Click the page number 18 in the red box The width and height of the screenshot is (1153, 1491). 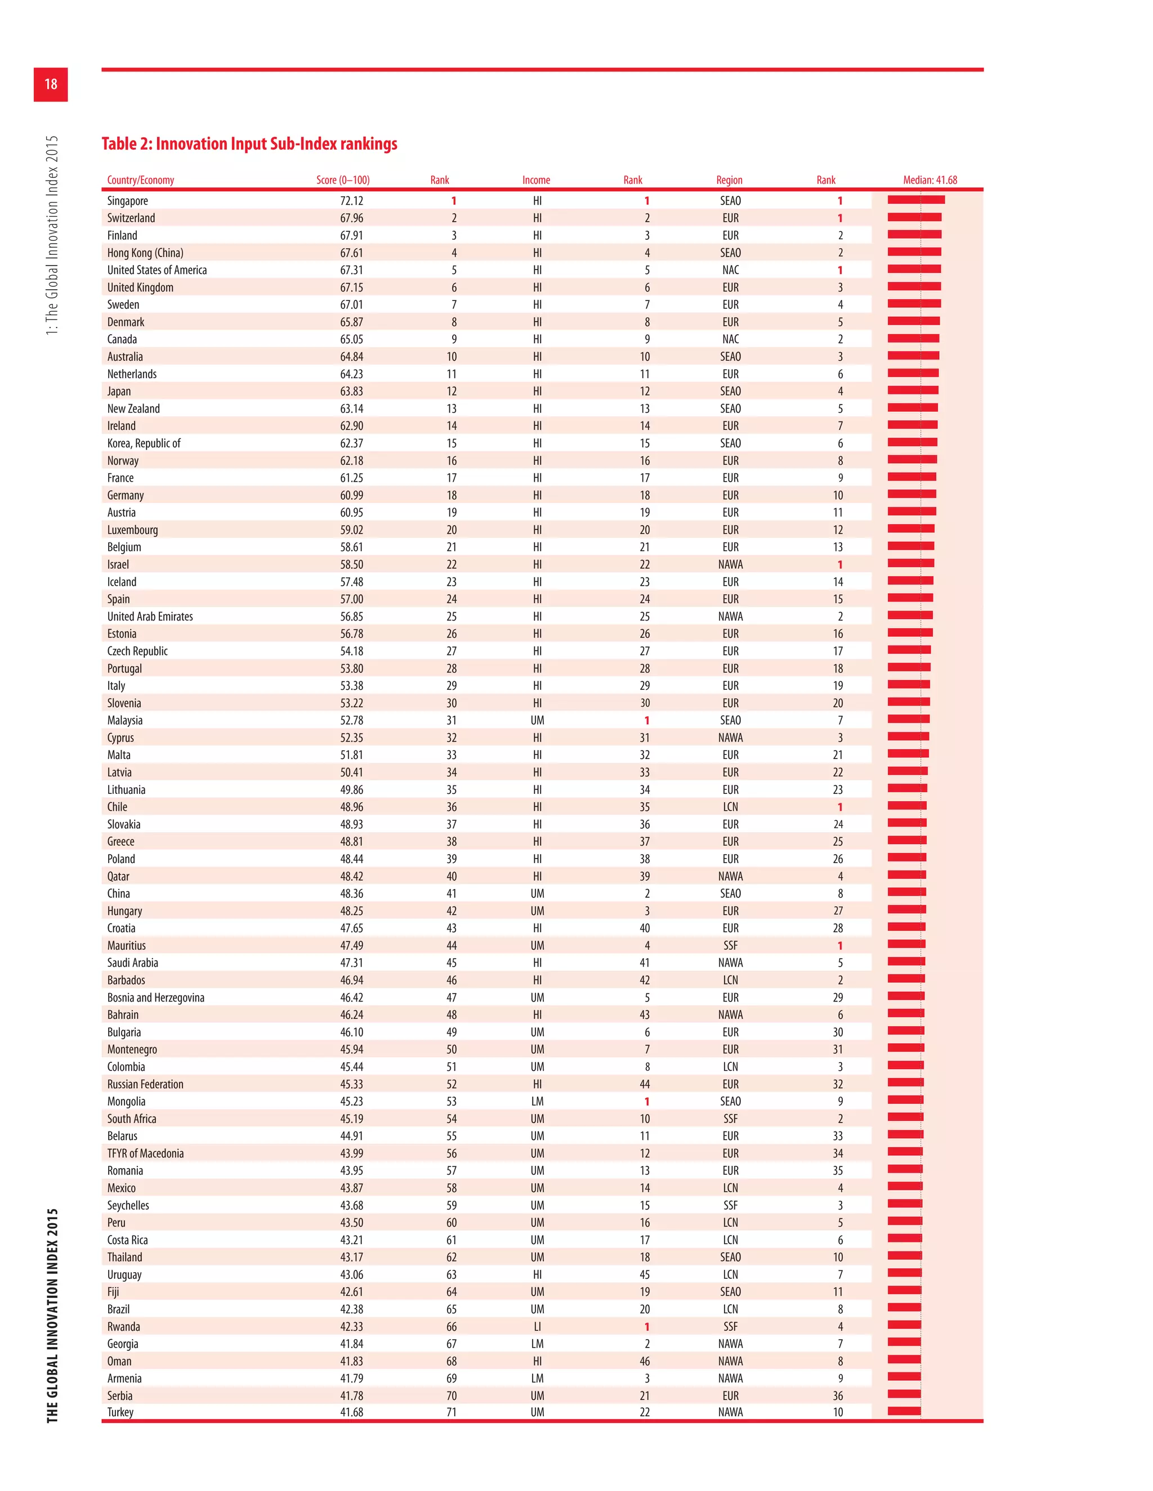point(51,84)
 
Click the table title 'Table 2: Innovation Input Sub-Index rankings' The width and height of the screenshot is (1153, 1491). point(249,144)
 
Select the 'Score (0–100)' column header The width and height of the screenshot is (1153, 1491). point(342,180)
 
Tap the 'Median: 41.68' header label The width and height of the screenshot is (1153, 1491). point(929,180)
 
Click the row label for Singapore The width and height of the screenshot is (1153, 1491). point(128,201)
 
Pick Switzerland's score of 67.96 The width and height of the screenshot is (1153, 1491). point(351,218)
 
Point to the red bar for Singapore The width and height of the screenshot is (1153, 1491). point(916,200)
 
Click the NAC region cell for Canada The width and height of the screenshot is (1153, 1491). point(730,339)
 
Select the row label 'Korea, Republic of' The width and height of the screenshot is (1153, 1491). point(144,443)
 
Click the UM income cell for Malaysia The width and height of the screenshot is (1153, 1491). point(537,720)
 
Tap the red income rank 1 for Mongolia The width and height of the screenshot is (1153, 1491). point(646,1101)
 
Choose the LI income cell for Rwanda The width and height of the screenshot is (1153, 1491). point(537,1327)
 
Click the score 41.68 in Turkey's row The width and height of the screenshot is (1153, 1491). point(351,1412)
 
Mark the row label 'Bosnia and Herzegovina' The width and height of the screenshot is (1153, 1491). point(156,998)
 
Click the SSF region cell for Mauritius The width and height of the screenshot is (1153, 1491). point(730,946)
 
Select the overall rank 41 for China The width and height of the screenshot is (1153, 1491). point(451,893)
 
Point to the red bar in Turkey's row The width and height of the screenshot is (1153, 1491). point(904,1411)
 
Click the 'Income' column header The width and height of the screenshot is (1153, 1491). point(536,180)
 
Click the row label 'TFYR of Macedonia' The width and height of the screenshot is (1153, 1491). point(145,1153)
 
